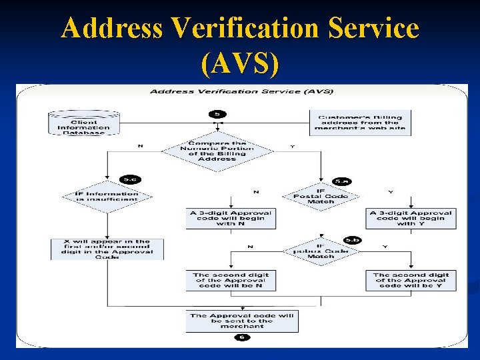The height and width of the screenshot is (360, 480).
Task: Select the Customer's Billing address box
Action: coord(360,123)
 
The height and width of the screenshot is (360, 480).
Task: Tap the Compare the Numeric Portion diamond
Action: coord(217,151)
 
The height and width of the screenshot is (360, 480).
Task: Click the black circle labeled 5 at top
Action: coord(217,114)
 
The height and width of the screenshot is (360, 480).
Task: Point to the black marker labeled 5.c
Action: coord(129,179)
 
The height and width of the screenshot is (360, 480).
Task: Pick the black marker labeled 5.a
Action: coord(341,180)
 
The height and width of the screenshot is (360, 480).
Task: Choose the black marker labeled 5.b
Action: coord(351,239)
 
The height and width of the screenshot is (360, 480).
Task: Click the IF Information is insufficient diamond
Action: coord(107,197)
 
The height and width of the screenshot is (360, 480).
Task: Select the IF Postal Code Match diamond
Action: coord(321,196)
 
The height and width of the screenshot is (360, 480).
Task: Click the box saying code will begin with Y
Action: coord(411,219)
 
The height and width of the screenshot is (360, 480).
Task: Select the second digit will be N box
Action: coord(231,280)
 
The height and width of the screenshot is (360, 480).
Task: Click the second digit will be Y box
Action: coord(411,280)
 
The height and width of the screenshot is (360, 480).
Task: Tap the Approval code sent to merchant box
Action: coord(241,321)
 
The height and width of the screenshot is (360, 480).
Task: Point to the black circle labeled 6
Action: coord(241,338)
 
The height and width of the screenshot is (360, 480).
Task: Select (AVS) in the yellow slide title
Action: coord(239,63)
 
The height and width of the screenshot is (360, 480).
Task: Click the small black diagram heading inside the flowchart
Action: coord(241,91)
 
